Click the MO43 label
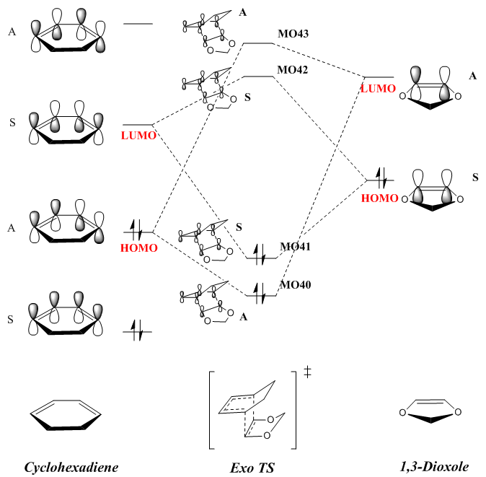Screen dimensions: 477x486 (x=293, y=33)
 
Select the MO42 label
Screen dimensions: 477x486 (x=293, y=69)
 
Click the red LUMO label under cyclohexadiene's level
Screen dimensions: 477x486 (x=138, y=136)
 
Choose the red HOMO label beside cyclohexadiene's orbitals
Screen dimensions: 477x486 (x=139, y=248)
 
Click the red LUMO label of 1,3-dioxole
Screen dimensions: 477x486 (x=379, y=88)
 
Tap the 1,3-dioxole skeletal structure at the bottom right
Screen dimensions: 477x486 (x=430, y=414)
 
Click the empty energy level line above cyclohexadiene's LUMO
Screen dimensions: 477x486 (x=138, y=24)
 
